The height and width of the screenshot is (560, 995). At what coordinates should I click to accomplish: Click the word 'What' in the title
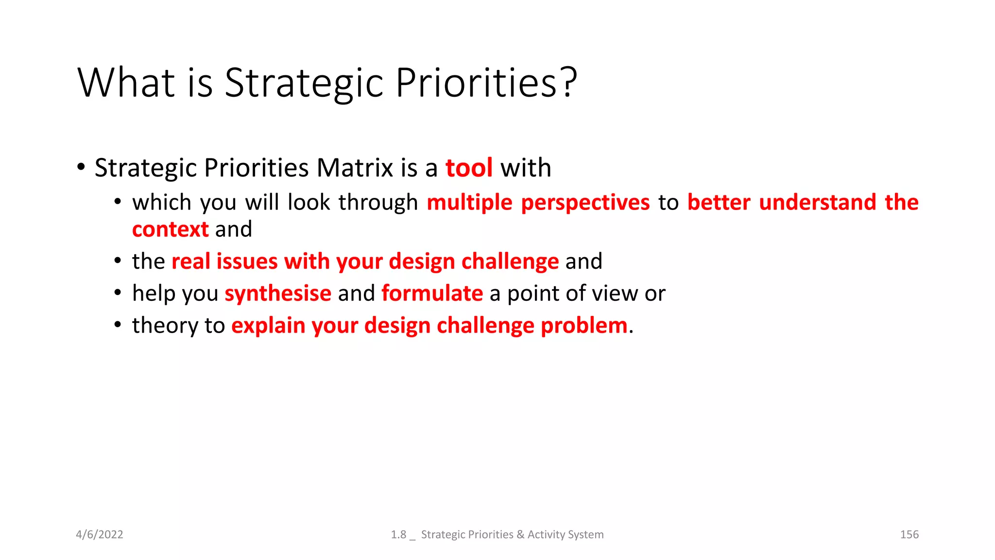click(126, 83)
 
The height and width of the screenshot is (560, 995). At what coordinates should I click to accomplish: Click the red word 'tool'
click(469, 168)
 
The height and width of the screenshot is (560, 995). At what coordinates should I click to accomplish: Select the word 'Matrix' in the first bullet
click(355, 168)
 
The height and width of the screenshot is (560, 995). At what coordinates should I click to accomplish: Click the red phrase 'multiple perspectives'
click(538, 203)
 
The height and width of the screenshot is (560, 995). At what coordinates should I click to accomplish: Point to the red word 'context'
click(170, 229)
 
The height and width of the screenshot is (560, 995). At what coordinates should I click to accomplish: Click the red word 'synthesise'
click(278, 294)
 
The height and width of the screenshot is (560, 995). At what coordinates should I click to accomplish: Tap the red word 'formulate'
click(432, 294)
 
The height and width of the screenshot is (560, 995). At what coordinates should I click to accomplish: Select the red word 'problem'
click(584, 326)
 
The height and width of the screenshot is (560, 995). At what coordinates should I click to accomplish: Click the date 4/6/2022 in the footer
click(100, 535)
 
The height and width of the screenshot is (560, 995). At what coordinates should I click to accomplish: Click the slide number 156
click(909, 535)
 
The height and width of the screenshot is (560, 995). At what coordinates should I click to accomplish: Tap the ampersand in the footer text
click(520, 535)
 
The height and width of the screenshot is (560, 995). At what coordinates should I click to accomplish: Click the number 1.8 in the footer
click(398, 535)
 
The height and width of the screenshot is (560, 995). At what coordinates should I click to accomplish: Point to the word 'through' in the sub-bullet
click(378, 203)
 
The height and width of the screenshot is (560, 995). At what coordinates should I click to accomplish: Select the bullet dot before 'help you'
click(118, 293)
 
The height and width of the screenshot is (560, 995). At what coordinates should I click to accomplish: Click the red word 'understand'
click(817, 203)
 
